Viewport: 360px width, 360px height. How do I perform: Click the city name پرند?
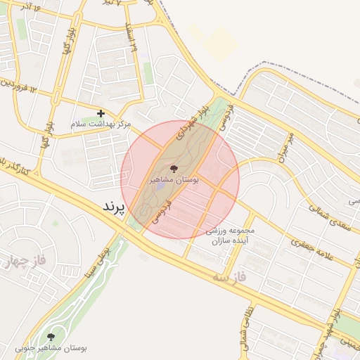(x=113, y=207)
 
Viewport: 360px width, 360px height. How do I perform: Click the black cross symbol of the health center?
(x=101, y=112)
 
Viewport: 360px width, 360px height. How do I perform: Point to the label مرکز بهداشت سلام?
(x=101, y=124)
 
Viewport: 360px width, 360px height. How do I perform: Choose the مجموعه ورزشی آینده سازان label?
(x=230, y=236)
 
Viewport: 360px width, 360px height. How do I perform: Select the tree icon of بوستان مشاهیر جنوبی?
(x=50, y=337)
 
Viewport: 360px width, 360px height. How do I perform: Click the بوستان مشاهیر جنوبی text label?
(x=51, y=348)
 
